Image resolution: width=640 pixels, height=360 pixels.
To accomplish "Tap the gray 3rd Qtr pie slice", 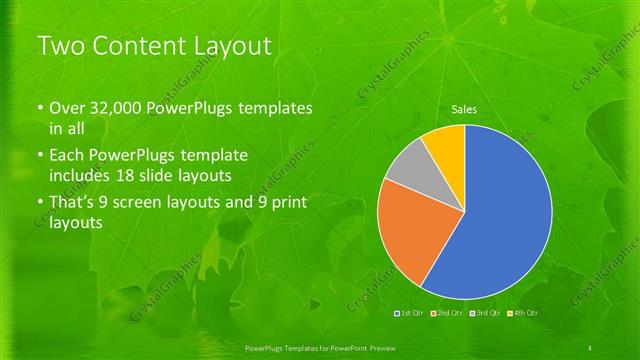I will [408, 170].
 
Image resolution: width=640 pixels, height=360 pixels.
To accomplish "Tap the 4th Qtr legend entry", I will [525, 313].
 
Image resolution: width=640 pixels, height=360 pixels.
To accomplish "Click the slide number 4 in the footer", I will [592, 346].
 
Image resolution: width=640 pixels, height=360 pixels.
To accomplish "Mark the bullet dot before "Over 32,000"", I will [39, 108].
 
